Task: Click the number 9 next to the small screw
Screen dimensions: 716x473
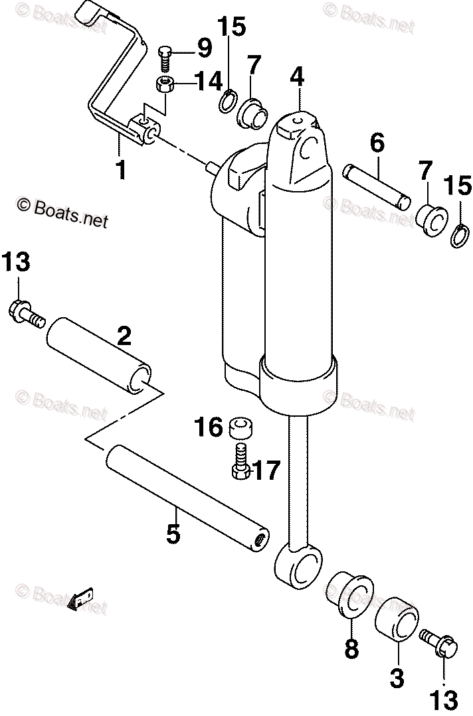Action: click(x=203, y=48)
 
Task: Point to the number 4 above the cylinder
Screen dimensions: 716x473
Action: click(x=296, y=77)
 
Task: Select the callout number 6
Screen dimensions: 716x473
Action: click(x=377, y=142)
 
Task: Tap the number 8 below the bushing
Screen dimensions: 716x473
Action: click(x=351, y=648)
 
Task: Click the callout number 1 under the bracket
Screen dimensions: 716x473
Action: click(x=120, y=169)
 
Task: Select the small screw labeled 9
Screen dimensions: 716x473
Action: click(x=166, y=56)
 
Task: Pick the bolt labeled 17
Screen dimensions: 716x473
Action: click(x=240, y=463)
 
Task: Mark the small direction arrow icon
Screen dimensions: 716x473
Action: click(x=81, y=602)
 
